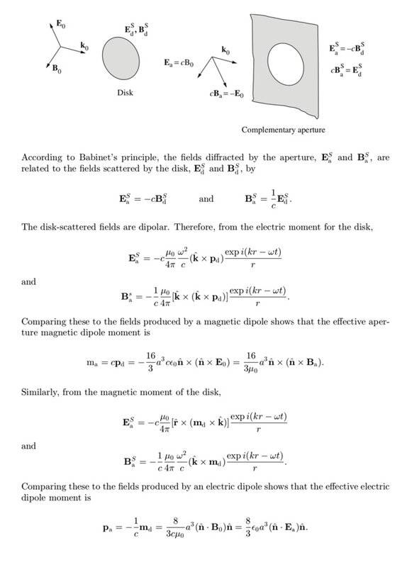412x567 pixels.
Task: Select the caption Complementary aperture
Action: tap(284, 130)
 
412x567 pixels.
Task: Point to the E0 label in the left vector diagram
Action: tap(64, 24)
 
